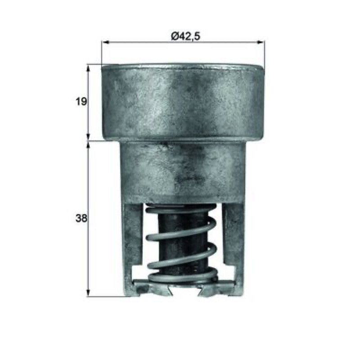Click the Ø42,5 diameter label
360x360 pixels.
tap(185, 36)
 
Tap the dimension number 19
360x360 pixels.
tap(81, 101)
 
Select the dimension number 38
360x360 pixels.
tap(81, 218)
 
